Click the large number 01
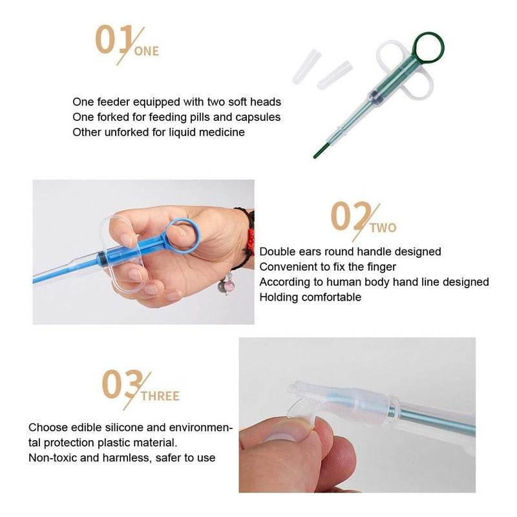(114, 39)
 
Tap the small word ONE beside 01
(147, 52)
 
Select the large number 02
(350, 216)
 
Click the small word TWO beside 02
(383, 228)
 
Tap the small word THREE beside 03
(160, 396)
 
